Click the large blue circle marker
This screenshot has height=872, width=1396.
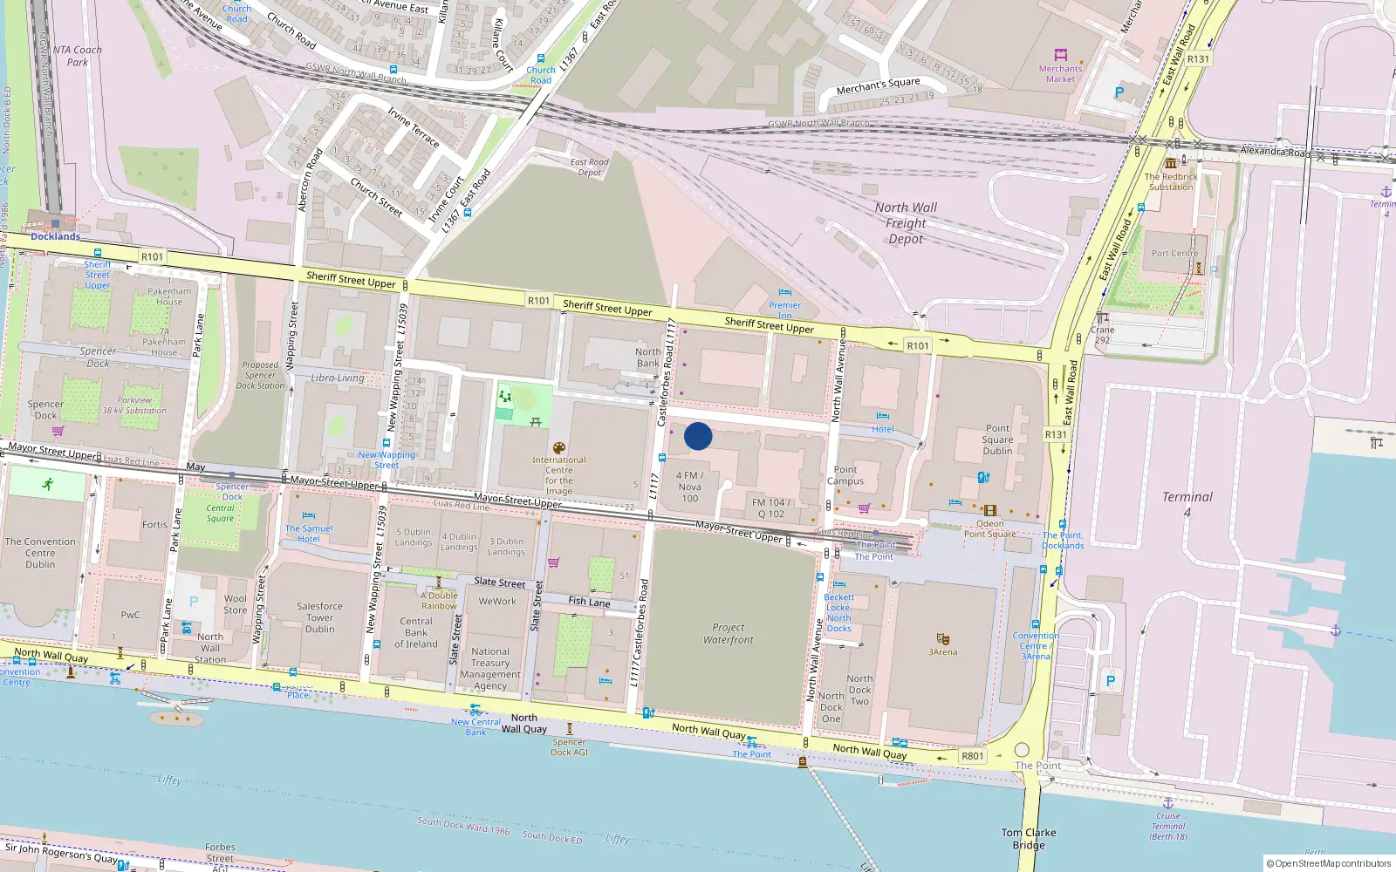pyautogui.click(x=698, y=436)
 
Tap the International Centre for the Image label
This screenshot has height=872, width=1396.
pyautogui.click(x=559, y=475)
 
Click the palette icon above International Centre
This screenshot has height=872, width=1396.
pyautogui.click(x=559, y=448)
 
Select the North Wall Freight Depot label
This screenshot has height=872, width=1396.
pyautogui.click(x=906, y=223)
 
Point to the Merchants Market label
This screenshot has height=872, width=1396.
pyautogui.click(x=1060, y=74)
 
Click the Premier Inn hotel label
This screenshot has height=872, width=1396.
pyautogui.click(x=784, y=310)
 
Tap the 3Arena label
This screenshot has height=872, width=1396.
pyautogui.click(x=942, y=651)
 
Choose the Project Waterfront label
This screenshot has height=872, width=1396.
pyautogui.click(x=728, y=633)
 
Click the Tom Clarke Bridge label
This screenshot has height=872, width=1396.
pyautogui.click(x=1029, y=839)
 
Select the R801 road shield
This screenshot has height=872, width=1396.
pyautogui.click(x=972, y=756)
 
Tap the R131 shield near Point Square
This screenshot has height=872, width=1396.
pyautogui.click(x=1056, y=434)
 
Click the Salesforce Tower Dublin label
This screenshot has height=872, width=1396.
pyautogui.click(x=319, y=617)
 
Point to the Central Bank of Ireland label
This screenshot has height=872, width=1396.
pyautogui.click(x=416, y=633)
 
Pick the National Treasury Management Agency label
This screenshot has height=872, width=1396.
pyautogui.click(x=490, y=669)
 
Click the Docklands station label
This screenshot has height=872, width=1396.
pyautogui.click(x=55, y=236)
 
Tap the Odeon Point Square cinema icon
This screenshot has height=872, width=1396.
pyautogui.click(x=989, y=511)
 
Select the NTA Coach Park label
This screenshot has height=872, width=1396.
pyautogui.click(x=78, y=56)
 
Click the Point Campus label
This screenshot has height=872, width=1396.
pyautogui.click(x=845, y=475)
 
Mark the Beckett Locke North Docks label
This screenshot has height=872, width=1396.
pyautogui.click(x=838, y=613)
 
